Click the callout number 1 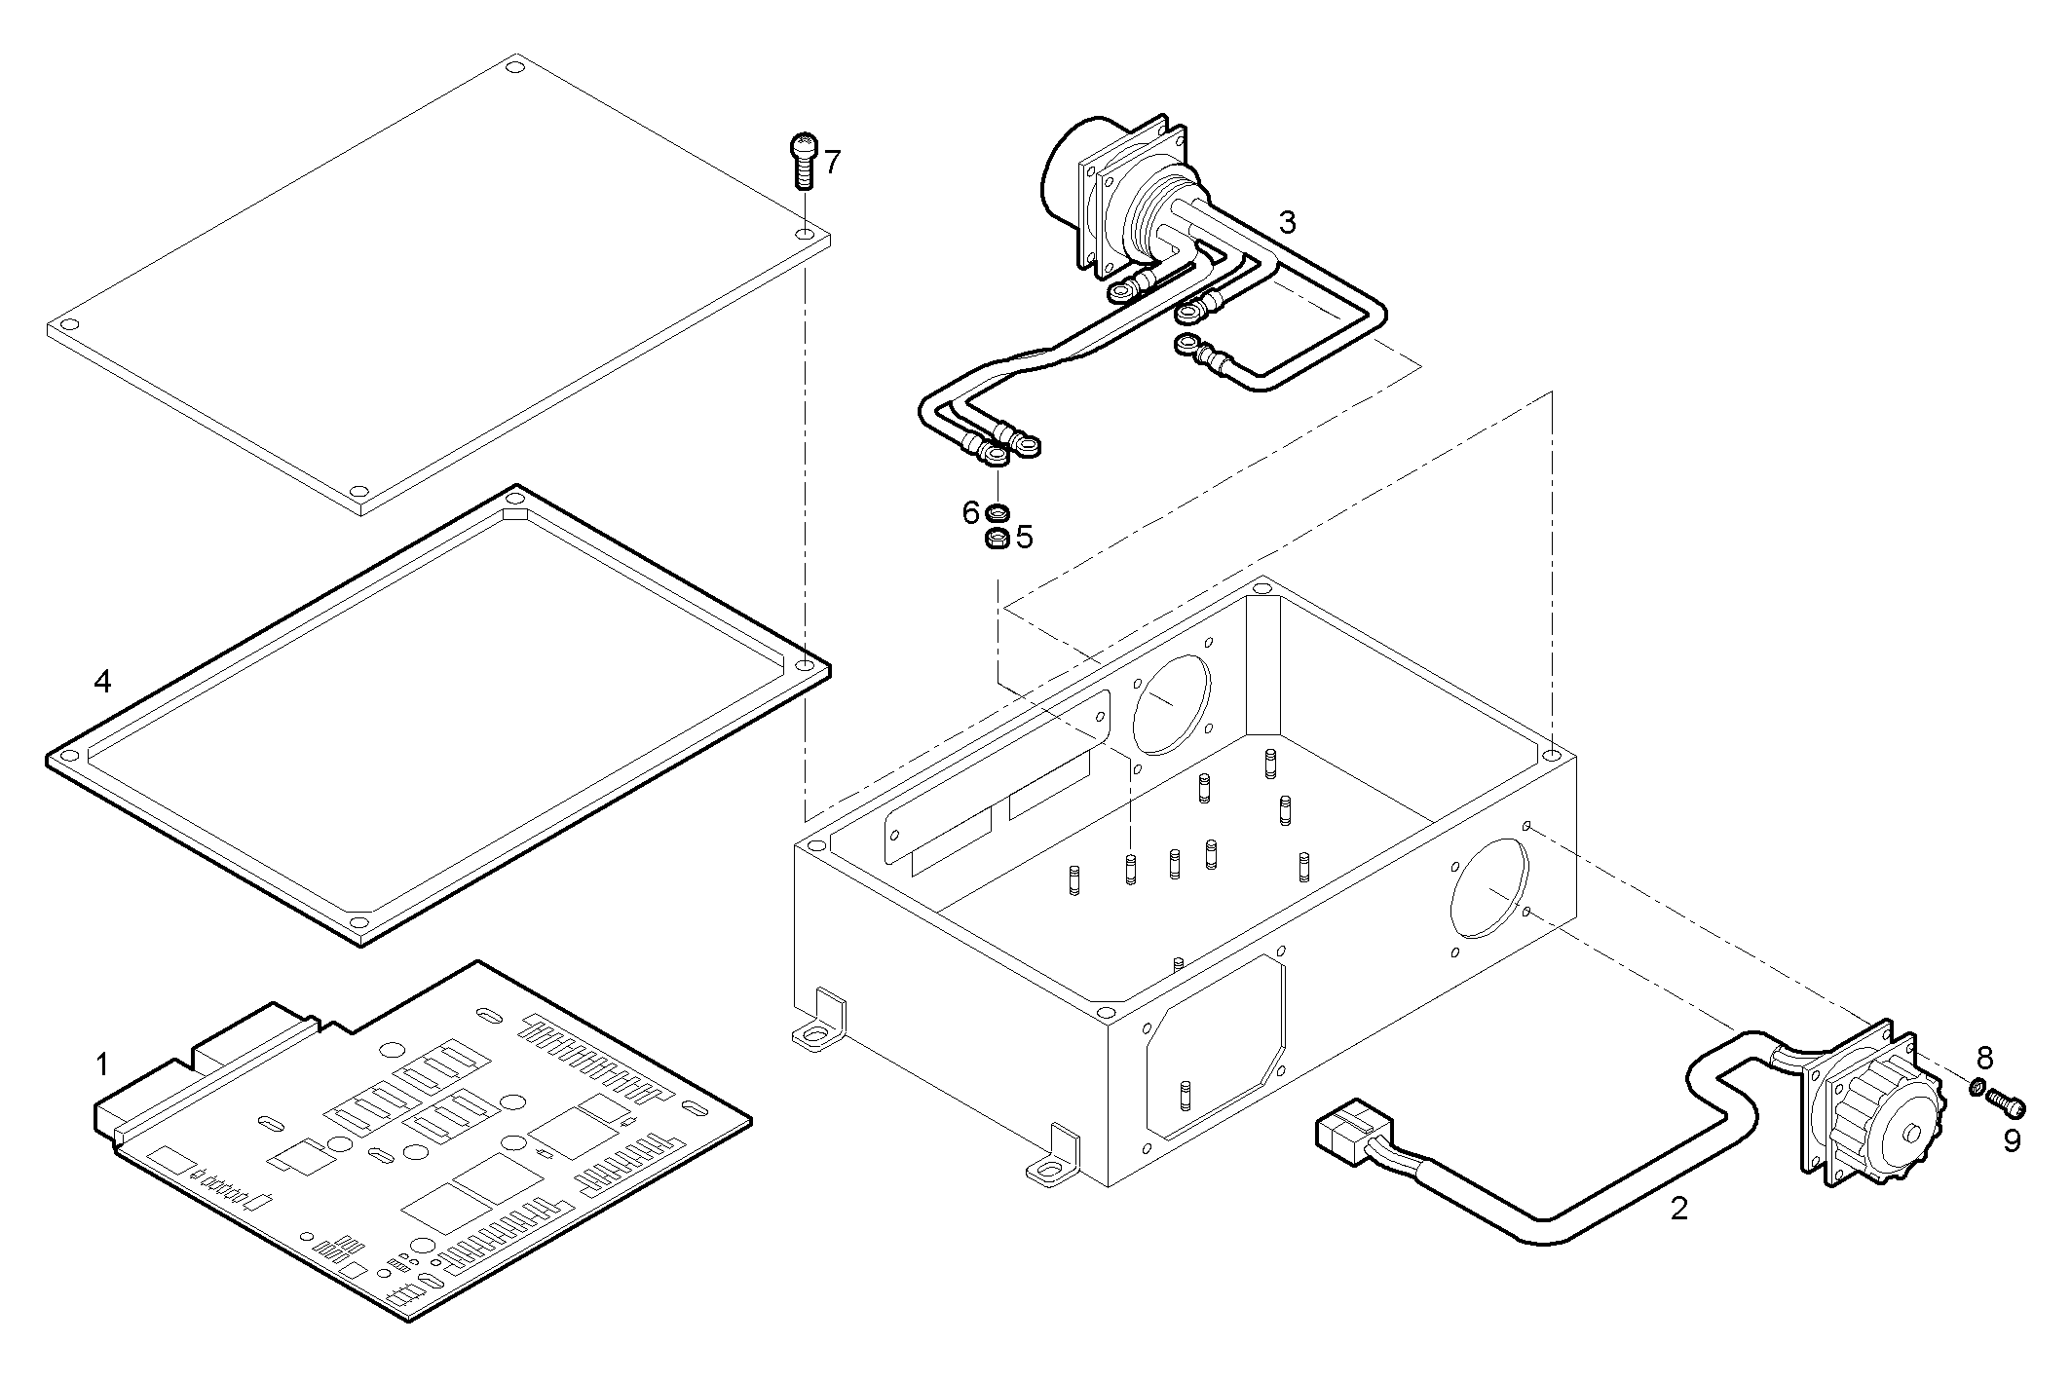point(103,1064)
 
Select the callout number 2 point(1678,1209)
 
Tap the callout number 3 point(1287,223)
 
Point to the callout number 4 point(102,682)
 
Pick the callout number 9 point(2013,1140)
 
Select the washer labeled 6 point(998,511)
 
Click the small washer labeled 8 point(1978,1087)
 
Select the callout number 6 point(970,512)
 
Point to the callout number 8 point(1985,1058)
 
